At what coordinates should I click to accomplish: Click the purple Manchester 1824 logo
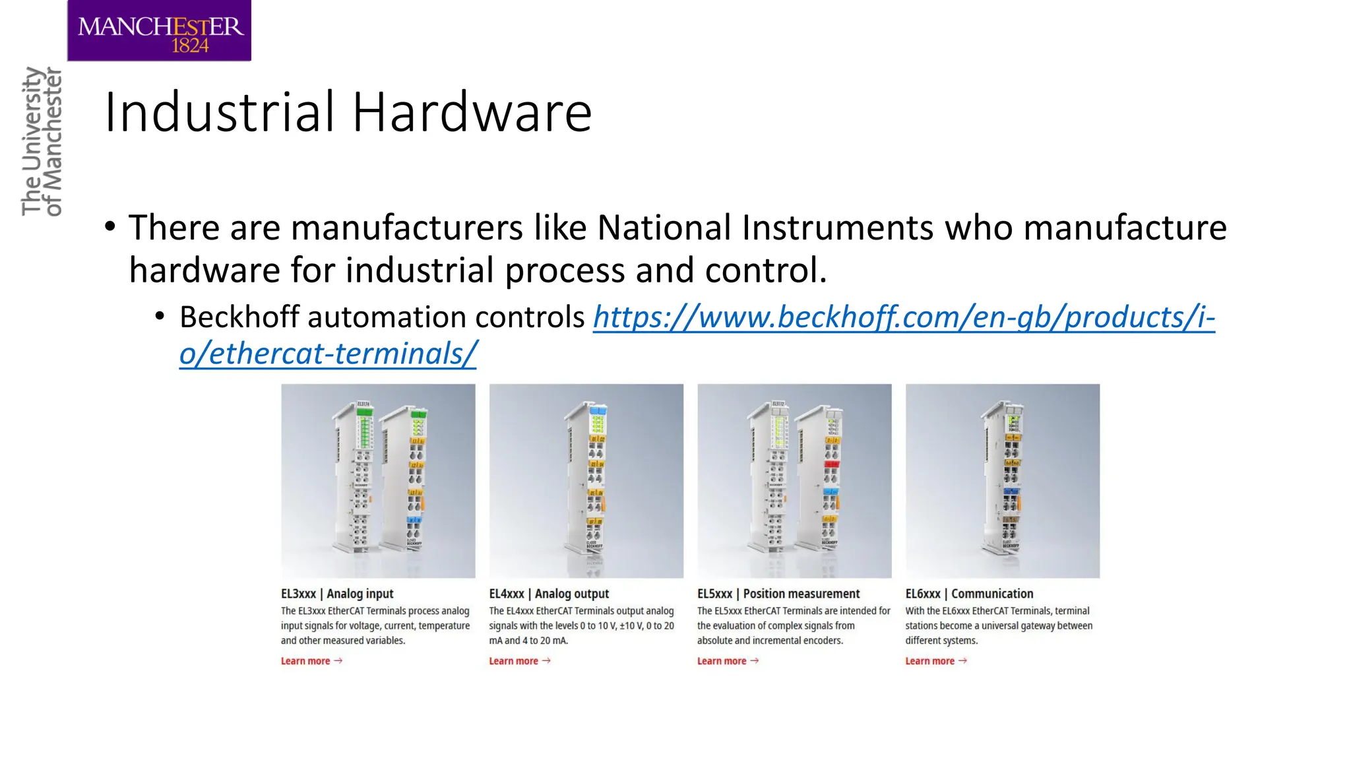[x=159, y=31]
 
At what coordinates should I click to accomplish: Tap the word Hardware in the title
[x=472, y=112]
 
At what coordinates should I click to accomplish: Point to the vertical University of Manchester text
[x=42, y=141]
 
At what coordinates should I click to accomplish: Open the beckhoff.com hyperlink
[x=904, y=317]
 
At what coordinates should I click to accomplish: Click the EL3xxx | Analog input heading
[x=337, y=594]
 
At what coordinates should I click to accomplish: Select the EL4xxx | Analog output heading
[x=549, y=594]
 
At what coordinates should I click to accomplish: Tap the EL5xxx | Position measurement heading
[x=778, y=594]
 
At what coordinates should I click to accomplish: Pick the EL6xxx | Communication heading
[x=969, y=594]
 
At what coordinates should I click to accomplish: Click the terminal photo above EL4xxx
[x=586, y=481]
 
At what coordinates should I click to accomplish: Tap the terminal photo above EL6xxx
[x=1002, y=481]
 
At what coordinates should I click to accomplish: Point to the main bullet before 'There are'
[x=110, y=228]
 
